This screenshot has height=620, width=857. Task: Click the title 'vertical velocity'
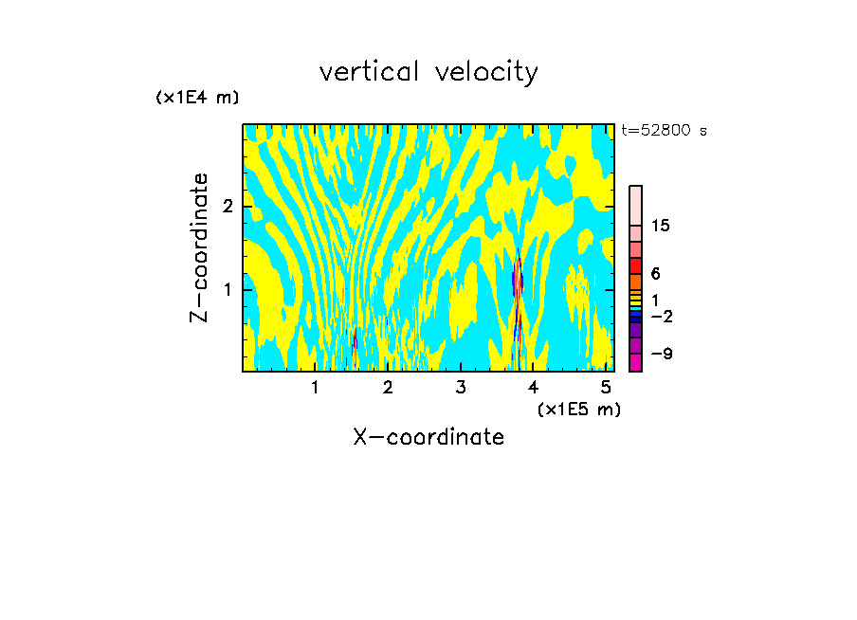(x=428, y=72)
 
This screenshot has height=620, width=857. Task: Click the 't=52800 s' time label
(x=664, y=131)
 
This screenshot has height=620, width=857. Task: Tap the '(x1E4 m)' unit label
(x=197, y=98)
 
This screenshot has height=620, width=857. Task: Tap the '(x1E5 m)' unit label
(x=578, y=409)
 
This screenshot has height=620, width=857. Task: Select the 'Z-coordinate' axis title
(x=199, y=247)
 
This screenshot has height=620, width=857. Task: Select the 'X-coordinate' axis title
(x=428, y=437)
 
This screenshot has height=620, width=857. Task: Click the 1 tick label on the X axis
(x=316, y=387)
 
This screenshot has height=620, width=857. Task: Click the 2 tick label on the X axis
(x=388, y=387)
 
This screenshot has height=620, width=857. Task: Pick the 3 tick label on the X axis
(x=461, y=387)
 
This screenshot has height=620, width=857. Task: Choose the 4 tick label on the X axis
(x=533, y=387)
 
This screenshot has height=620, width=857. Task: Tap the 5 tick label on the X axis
(x=606, y=387)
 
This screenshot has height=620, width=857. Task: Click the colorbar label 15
(x=661, y=226)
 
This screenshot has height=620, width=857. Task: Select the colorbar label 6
(x=655, y=273)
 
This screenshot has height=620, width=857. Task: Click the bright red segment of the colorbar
(x=635, y=265)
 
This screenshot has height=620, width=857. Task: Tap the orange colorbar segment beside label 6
(x=635, y=282)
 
